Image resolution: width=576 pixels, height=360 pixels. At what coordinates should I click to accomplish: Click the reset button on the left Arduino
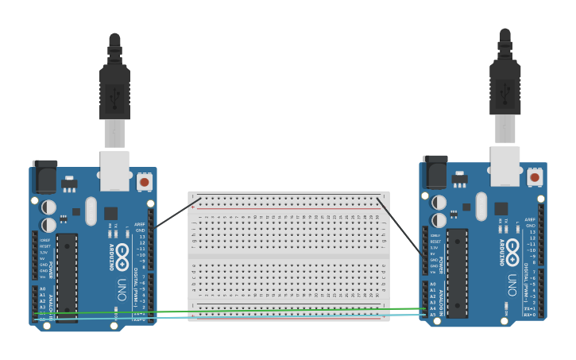point(144,182)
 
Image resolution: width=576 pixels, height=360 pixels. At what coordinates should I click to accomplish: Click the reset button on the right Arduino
point(535,177)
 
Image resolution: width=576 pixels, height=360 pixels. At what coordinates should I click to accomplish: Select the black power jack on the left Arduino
point(44,176)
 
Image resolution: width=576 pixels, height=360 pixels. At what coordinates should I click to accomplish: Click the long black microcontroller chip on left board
point(67,277)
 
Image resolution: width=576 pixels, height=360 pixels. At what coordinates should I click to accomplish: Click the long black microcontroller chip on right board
point(457,273)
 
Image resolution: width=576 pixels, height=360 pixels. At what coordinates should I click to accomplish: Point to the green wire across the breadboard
point(286,310)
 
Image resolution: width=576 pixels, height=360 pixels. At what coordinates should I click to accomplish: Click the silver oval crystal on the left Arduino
point(90,211)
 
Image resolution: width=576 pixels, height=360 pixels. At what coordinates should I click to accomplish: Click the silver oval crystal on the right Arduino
point(481,206)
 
